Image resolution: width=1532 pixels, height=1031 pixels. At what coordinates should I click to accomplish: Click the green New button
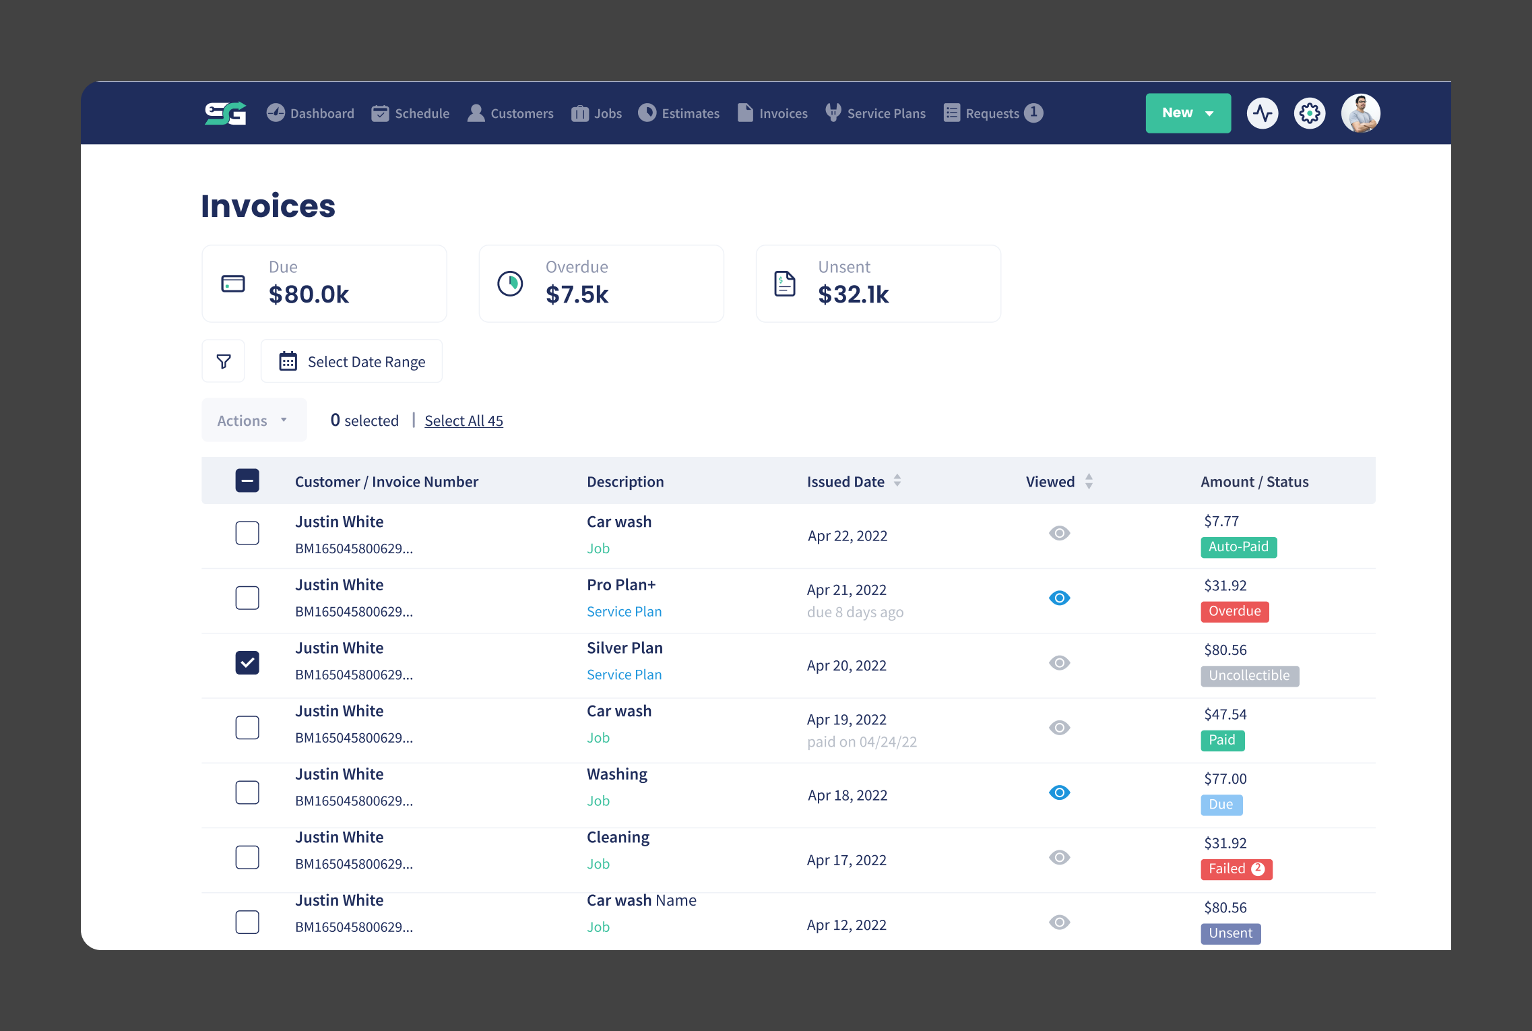[x=1187, y=113]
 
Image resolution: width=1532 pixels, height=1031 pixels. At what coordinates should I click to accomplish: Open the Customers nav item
[x=511, y=113]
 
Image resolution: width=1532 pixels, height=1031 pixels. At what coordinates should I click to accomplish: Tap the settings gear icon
[x=1309, y=113]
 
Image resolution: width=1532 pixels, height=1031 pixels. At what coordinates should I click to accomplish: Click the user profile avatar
[x=1360, y=113]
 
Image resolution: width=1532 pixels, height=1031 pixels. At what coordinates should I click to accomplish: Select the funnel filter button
[x=224, y=362]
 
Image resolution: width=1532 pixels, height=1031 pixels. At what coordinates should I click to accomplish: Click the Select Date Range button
[x=352, y=362]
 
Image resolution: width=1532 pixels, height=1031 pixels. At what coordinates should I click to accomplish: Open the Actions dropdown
[x=253, y=420]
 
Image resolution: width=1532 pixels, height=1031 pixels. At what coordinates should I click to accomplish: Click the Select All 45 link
[x=464, y=420]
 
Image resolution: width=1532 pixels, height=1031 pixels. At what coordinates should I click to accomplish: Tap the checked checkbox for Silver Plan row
[x=247, y=662]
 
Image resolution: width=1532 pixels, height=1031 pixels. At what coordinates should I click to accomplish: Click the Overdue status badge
[x=1234, y=611]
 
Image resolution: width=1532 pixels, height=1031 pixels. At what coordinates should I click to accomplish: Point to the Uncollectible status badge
[x=1249, y=675]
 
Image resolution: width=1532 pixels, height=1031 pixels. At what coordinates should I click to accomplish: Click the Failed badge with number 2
[x=1236, y=869]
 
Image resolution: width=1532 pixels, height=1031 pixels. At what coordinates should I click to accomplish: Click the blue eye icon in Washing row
[x=1059, y=792]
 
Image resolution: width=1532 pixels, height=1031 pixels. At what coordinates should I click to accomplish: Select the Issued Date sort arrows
[x=897, y=481]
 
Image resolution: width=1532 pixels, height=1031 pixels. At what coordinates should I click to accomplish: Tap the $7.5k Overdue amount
[x=577, y=294]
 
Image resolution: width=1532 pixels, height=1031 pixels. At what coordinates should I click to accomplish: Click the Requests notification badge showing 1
[x=1033, y=113]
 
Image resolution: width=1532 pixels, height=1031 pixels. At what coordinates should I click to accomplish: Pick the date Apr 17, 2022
[x=846, y=860]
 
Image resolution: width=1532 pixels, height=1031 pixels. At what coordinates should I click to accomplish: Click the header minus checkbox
[x=247, y=480]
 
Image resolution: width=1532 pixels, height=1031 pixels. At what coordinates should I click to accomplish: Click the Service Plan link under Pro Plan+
[x=624, y=611]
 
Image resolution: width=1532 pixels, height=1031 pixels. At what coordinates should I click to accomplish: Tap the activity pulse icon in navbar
[x=1262, y=113]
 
